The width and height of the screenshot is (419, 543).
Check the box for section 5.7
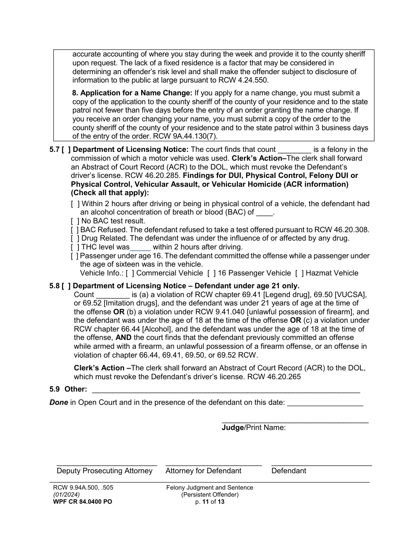click(x=65, y=150)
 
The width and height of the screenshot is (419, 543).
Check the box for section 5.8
click(x=65, y=286)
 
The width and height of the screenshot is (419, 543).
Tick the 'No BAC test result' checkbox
click(x=75, y=221)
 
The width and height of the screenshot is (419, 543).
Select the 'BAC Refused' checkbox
click(x=75, y=230)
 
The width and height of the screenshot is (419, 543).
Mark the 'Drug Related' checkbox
click(x=75, y=238)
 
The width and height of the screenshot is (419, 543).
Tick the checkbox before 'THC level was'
click(x=75, y=247)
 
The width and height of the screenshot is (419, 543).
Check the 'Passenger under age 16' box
click(x=75, y=256)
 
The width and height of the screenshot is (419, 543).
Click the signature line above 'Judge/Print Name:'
click(x=295, y=422)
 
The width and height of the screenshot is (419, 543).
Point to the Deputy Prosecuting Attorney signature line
click(x=107, y=464)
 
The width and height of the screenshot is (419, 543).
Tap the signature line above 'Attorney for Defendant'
click(x=213, y=464)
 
